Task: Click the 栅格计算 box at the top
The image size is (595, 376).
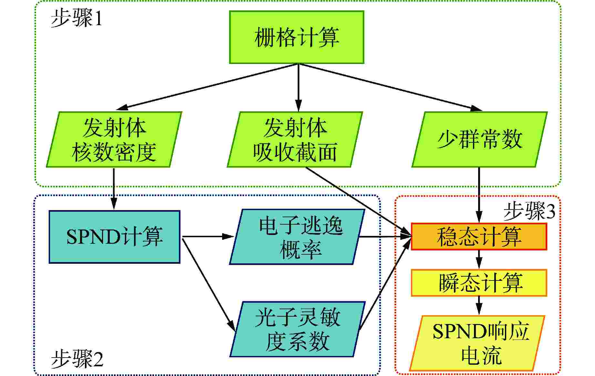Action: pyautogui.click(x=297, y=37)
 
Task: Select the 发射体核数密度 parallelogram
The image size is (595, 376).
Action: pyautogui.click(x=114, y=139)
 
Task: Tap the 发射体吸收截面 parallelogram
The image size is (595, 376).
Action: pyautogui.click(x=295, y=139)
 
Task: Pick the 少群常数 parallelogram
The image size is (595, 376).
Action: pyautogui.click(x=479, y=139)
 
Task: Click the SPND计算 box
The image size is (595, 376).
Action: pyautogui.click(x=114, y=237)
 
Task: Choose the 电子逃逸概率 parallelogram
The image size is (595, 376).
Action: pyautogui.click(x=297, y=237)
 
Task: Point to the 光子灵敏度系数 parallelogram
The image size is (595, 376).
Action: pyautogui.click(x=297, y=329)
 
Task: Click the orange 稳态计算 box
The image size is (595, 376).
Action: pyautogui.click(x=479, y=237)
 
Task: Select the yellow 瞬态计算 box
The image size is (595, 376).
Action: pyautogui.click(x=479, y=283)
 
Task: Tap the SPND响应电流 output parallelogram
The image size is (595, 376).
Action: pyautogui.click(x=477, y=343)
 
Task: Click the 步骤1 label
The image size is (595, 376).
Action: pyautogui.click(x=77, y=18)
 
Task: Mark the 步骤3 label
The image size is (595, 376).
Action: pyautogui.click(x=529, y=211)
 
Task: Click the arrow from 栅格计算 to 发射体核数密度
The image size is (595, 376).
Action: pyautogui.click(x=207, y=87)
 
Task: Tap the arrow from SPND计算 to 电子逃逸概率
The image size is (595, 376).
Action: pyautogui.click(x=207, y=237)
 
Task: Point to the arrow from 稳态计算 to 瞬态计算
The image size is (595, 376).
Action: pyautogui.click(x=479, y=259)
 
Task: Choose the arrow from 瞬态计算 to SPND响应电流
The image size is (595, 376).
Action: pyautogui.click(x=479, y=305)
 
